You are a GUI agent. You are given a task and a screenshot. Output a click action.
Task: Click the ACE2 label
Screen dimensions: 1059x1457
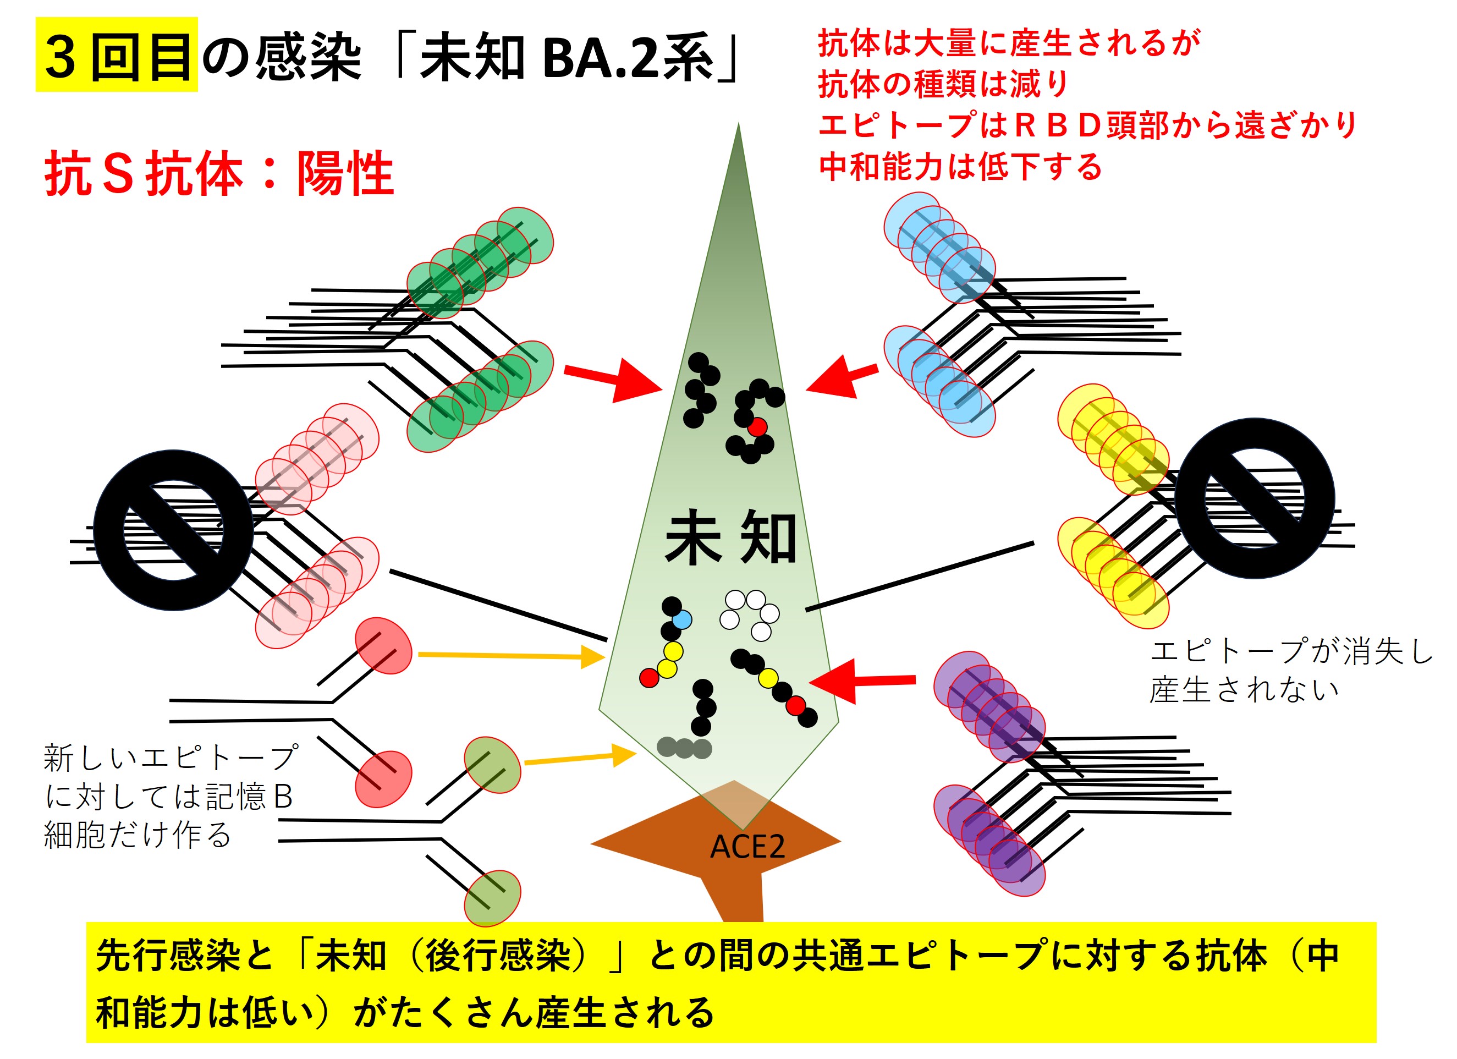(x=746, y=847)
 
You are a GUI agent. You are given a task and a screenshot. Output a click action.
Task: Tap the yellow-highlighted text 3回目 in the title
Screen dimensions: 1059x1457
(x=118, y=57)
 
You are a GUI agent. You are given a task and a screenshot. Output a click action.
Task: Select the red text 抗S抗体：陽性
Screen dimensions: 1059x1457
(x=218, y=173)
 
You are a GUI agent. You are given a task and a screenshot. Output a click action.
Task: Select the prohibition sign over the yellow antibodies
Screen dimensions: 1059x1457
(x=1254, y=498)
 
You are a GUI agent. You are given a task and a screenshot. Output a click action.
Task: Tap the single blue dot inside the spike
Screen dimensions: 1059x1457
(x=681, y=619)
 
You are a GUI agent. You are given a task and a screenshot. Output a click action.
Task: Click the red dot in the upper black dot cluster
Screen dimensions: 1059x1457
(x=757, y=426)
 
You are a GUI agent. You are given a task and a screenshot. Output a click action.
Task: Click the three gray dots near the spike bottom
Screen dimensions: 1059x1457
(x=684, y=748)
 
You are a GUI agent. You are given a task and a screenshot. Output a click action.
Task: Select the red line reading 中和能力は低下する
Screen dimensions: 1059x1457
(x=960, y=167)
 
